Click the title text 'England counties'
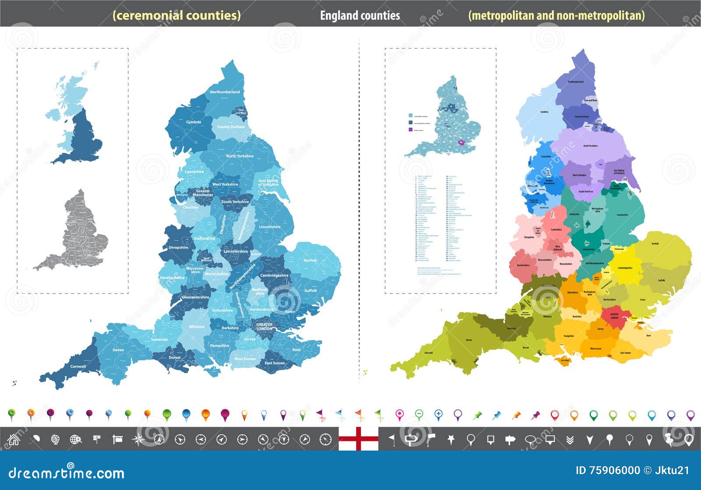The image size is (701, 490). pyautogui.click(x=360, y=16)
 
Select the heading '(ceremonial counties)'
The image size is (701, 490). pyautogui.click(x=177, y=15)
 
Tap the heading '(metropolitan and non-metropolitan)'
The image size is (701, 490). pyautogui.click(x=556, y=16)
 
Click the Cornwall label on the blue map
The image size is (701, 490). pyautogui.click(x=78, y=367)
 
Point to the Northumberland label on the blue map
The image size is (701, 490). pyautogui.click(x=225, y=92)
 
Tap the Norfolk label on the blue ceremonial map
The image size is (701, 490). pyautogui.click(x=310, y=261)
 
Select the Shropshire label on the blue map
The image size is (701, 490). pyautogui.click(x=178, y=247)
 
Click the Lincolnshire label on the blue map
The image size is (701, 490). pyautogui.click(x=270, y=227)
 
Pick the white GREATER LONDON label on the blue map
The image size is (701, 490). pyautogui.click(x=264, y=327)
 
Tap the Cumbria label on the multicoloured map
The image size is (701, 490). pyautogui.click(x=544, y=112)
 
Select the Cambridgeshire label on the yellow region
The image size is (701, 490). pyautogui.click(x=625, y=268)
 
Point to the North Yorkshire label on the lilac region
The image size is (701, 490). pyautogui.click(x=590, y=146)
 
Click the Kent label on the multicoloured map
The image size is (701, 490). pyautogui.click(x=648, y=335)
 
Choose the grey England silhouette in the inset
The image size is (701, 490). pyautogui.click(x=77, y=232)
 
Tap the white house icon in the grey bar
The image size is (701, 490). pyautogui.click(x=14, y=439)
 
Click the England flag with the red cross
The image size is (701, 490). pyautogui.click(x=358, y=439)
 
